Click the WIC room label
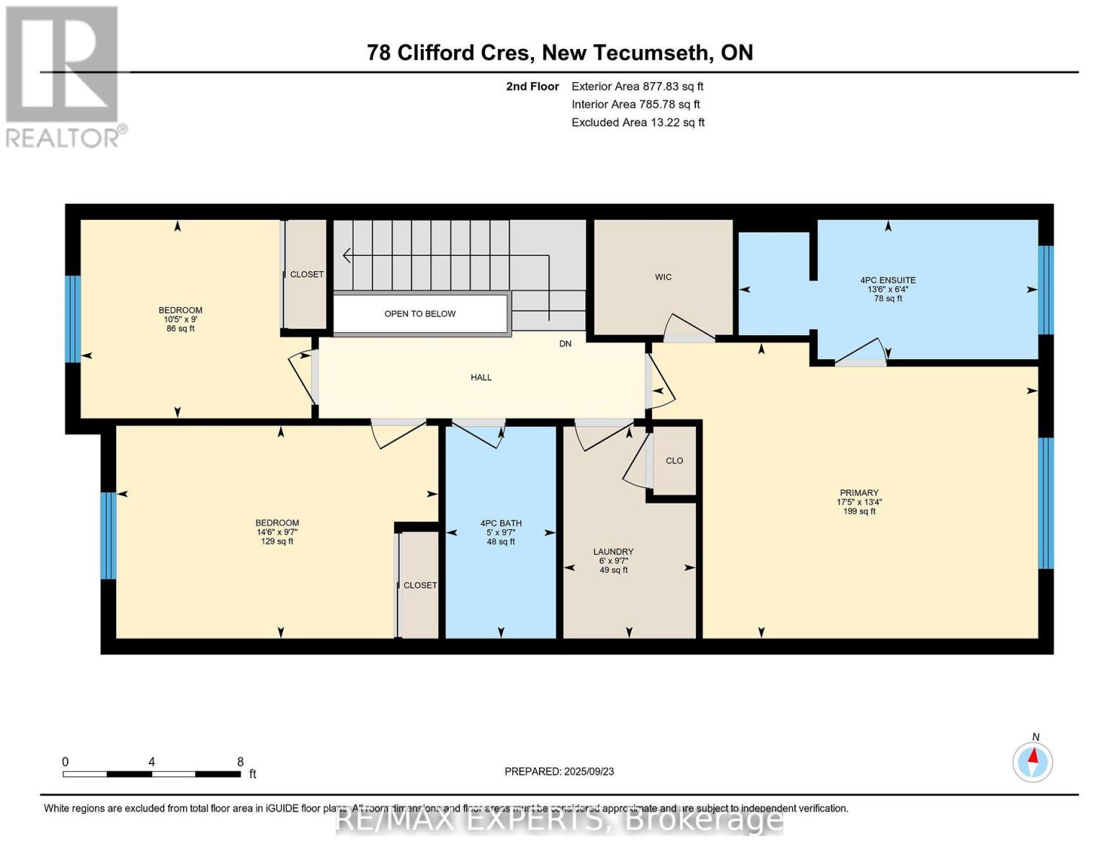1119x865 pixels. tap(663, 277)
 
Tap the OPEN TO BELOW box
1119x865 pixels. tap(420, 314)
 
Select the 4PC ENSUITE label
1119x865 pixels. tap(888, 280)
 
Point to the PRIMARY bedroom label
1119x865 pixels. tap(859, 493)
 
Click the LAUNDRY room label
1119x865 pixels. tap(613, 551)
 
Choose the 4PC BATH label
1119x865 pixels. tap(501, 523)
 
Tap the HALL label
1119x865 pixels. tap(481, 377)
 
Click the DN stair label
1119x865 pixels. tap(566, 344)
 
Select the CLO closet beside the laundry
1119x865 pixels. tap(674, 461)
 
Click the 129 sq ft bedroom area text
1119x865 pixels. tap(277, 541)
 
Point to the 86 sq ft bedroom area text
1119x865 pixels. tap(180, 329)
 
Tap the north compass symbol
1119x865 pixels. tap(1033, 761)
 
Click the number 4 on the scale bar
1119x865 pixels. tap(151, 762)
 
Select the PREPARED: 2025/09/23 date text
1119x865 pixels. tap(559, 771)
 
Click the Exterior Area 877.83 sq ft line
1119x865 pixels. tap(637, 86)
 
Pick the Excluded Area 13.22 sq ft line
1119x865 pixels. tap(638, 123)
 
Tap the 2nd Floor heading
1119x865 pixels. tap(532, 86)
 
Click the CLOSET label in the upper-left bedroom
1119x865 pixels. tap(307, 275)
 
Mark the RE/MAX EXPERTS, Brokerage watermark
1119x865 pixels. tap(559, 820)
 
